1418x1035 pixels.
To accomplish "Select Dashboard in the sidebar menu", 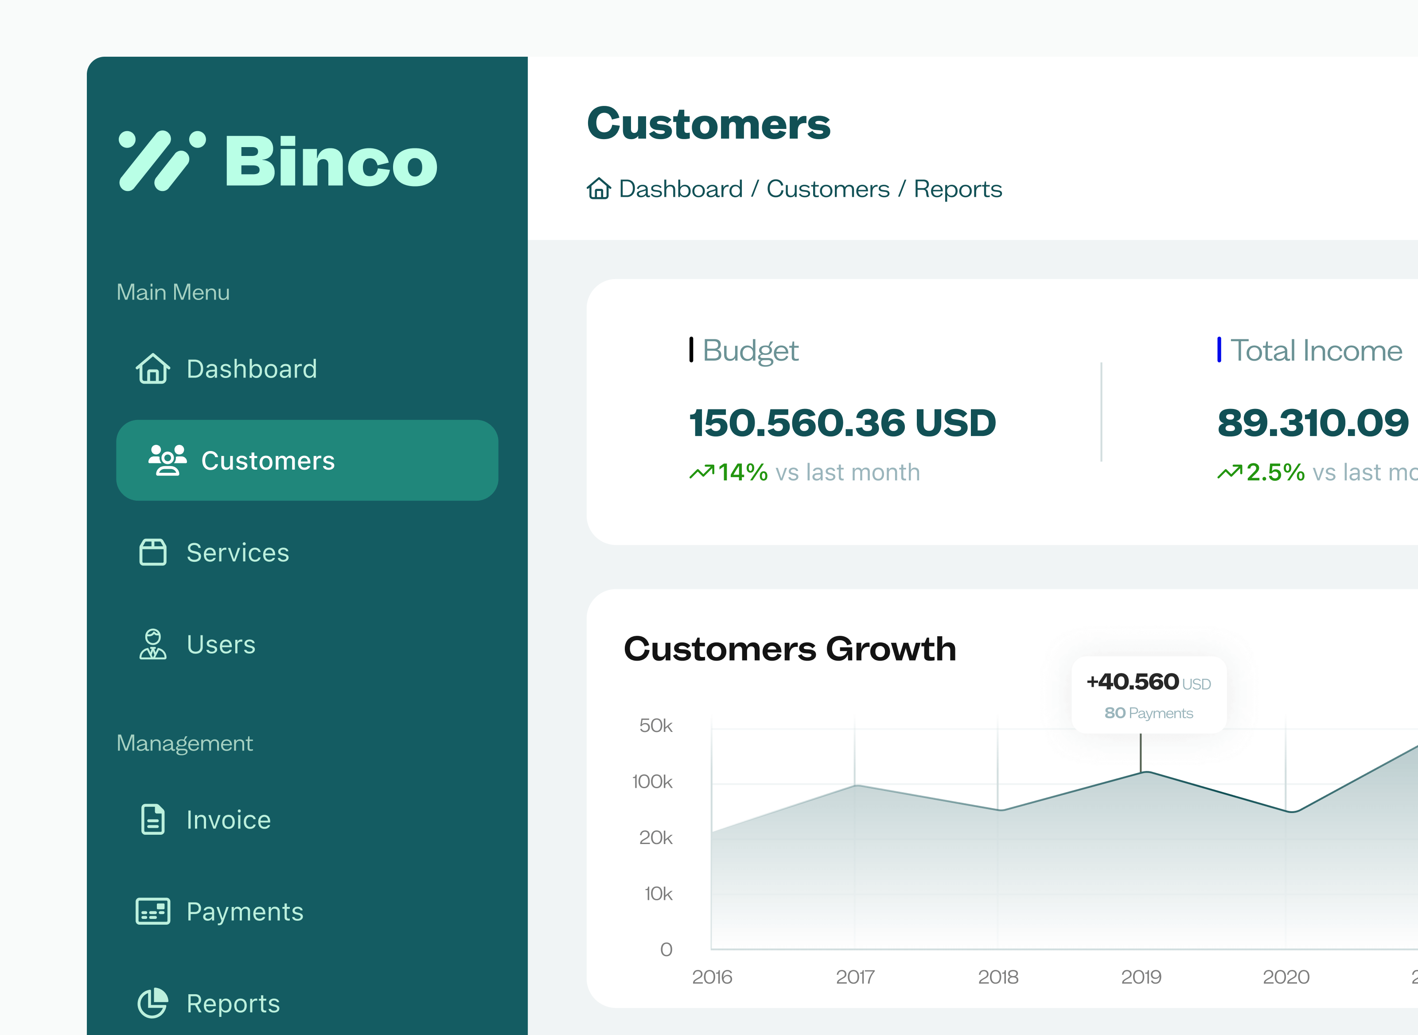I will [251, 369].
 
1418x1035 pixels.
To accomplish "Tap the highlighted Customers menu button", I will [307, 460].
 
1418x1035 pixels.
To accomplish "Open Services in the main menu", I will [238, 553].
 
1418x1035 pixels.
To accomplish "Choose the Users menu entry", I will [221, 645].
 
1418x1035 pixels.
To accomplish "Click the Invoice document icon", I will [153, 820].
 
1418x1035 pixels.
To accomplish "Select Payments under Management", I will [244, 911].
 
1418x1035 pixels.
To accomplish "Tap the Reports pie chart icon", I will [153, 1003].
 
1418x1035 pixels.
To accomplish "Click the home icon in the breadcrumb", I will [598, 189].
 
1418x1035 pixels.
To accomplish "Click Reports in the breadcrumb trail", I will [958, 189].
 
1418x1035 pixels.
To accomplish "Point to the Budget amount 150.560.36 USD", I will [842, 423].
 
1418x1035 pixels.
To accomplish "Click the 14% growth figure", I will [743, 472].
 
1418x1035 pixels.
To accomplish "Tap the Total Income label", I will [1316, 350].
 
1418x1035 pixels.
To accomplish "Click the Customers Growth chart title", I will [790, 649].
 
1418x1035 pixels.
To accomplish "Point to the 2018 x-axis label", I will [998, 977].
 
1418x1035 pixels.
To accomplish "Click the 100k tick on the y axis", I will [652, 781].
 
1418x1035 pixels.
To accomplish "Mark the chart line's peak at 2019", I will [1145, 772].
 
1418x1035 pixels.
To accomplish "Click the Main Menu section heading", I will [173, 292].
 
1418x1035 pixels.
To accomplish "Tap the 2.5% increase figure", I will [1275, 472].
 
